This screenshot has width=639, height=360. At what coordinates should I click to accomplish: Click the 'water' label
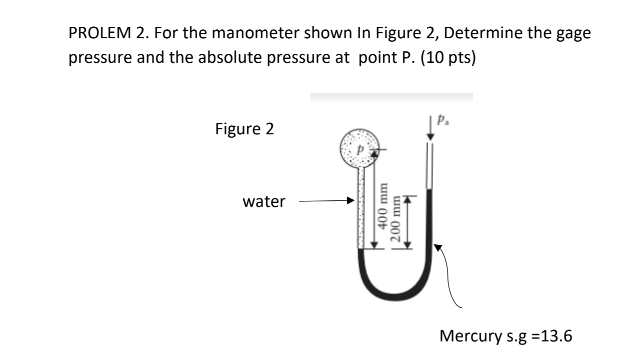point(263,202)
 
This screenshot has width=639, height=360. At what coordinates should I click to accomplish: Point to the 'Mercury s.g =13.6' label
point(507,335)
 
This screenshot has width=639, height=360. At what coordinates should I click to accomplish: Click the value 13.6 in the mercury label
point(556,335)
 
